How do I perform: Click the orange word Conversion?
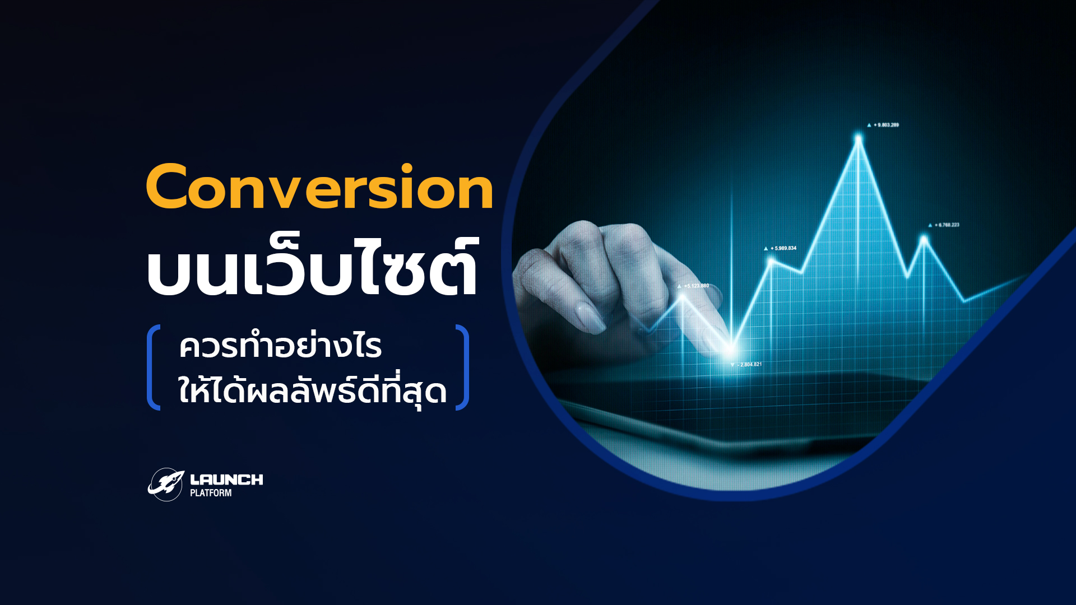tap(319, 188)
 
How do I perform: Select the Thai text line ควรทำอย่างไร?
tap(280, 347)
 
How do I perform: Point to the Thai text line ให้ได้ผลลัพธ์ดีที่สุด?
tap(312, 390)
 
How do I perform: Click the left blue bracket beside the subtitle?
tap(153, 367)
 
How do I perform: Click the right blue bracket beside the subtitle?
tap(462, 367)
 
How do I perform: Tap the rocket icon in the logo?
tap(166, 484)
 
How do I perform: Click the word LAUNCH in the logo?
tap(226, 480)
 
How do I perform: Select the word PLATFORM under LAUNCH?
tap(211, 493)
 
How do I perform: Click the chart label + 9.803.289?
tap(885, 125)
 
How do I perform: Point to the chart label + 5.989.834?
tap(783, 248)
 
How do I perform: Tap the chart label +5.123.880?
tap(696, 286)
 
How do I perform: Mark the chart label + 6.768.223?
tap(947, 225)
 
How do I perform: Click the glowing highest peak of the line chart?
tap(859, 137)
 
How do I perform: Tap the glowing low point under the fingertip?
tap(730, 349)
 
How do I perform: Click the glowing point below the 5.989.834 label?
tap(771, 260)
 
